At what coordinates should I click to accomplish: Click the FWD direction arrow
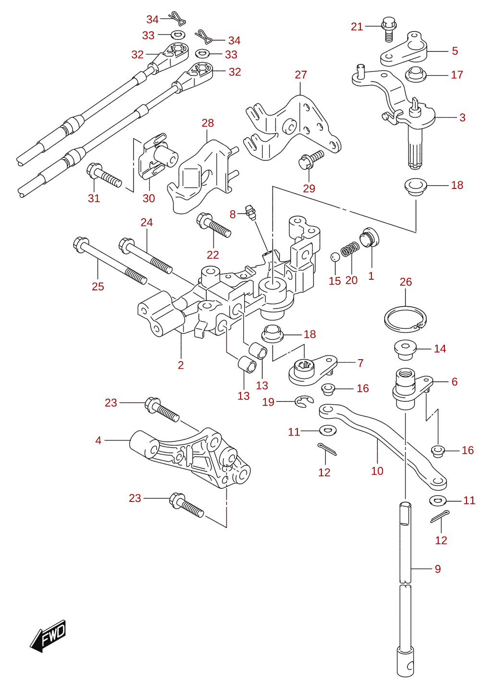[x=48, y=636]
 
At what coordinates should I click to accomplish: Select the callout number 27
[x=301, y=75]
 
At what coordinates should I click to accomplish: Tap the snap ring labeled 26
[x=405, y=319]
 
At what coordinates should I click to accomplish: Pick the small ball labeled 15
[x=335, y=257]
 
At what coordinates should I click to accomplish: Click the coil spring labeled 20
[x=350, y=249]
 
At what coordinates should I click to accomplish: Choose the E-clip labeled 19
[x=304, y=401]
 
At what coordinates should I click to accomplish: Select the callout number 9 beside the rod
[x=438, y=569]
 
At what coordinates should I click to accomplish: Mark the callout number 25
[x=98, y=287]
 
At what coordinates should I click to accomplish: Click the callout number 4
[x=98, y=440]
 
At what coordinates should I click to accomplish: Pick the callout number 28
[x=208, y=123]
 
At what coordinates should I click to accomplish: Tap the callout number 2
[x=181, y=365]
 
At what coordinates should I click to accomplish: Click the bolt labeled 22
[x=214, y=225]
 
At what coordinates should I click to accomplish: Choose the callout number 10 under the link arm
[x=377, y=471]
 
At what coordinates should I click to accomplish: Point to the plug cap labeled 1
[x=369, y=237]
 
